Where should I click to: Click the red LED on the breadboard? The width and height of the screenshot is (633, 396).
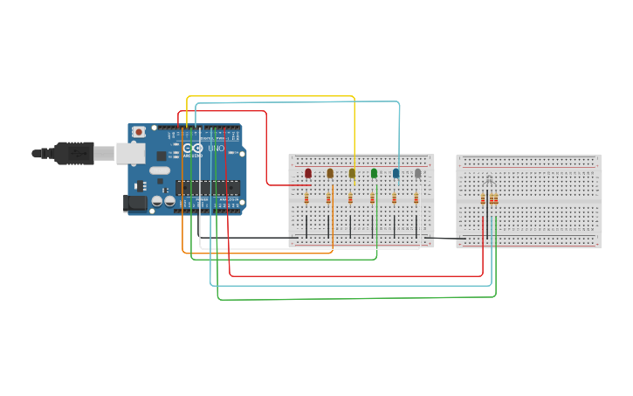(x=308, y=173)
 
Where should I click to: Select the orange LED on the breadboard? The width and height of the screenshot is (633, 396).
(x=330, y=173)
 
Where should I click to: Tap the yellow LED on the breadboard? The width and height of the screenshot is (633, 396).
(x=352, y=173)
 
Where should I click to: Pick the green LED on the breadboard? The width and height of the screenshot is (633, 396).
(x=374, y=173)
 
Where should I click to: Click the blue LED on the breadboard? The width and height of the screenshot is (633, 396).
(x=396, y=173)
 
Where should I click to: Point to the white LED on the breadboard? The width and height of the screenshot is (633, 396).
(x=417, y=173)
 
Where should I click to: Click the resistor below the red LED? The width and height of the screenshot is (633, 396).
(x=306, y=198)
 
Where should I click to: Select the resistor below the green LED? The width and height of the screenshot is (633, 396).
(x=372, y=198)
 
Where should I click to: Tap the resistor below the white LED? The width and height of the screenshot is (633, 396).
(x=416, y=198)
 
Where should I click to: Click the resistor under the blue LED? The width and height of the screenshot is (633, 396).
(x=394, y=198)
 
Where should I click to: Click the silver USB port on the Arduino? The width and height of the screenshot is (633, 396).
(x=131, y=154)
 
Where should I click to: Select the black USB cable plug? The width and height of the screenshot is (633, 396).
(x=74, y=154)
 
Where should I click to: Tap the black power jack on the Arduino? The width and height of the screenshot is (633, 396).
(x=135, y=203)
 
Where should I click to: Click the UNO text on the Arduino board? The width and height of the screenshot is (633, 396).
(x=216, y=149)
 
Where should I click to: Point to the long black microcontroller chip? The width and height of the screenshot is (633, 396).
(x=208, y=187)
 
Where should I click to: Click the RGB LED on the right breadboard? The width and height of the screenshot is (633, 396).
(x=489, y=181)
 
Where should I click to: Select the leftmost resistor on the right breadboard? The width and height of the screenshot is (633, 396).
(x=482, y=199)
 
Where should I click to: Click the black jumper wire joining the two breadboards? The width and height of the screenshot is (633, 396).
(x=444, y=238)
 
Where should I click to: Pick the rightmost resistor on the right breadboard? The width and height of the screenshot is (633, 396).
(x=496, y=199)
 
